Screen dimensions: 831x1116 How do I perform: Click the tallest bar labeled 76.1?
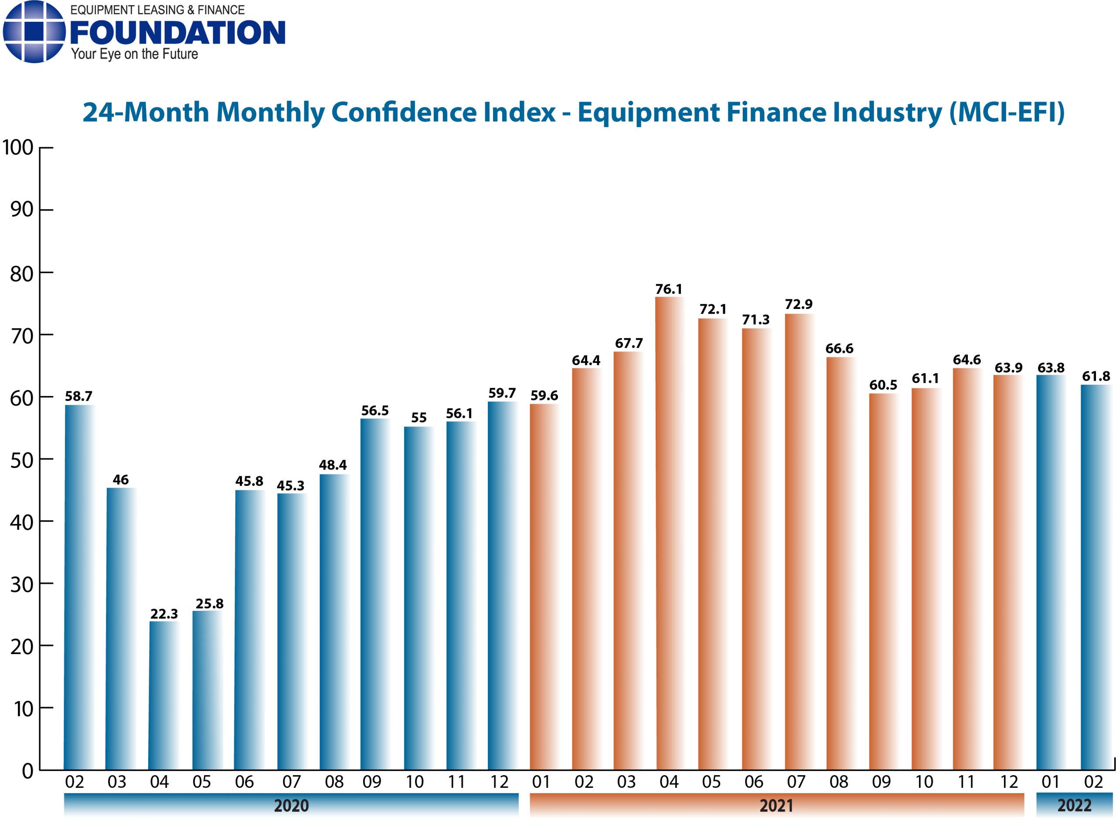coord(669,533)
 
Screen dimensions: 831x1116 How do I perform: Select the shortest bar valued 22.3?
coord(163,697)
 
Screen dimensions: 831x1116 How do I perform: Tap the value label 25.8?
coord(209,604)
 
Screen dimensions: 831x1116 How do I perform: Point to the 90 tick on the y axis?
coord(22,210)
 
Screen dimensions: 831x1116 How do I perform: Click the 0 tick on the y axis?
coord(27,770)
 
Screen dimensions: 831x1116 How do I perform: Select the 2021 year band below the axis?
coord(776,805)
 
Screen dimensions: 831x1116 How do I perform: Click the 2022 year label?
coord(1074,805)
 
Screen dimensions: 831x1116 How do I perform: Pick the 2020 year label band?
coord(291,805)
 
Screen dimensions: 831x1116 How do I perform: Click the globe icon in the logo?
coord(34,32)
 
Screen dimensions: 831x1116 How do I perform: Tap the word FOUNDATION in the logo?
coord(177,33)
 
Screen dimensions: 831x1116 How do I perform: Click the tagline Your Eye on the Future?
coord(134,54)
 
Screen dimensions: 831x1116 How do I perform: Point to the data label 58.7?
coord(78,397)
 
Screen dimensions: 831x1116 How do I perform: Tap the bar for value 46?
coord(121,629)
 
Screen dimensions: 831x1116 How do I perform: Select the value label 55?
coord(418,417)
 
